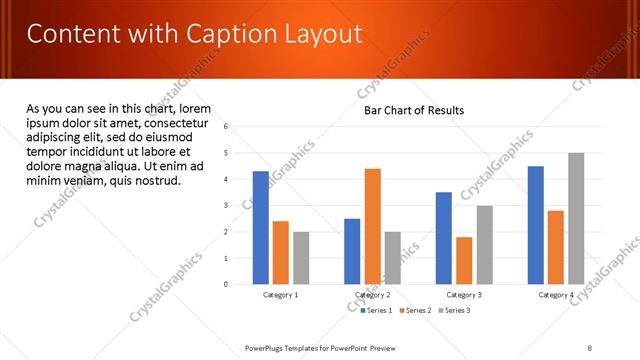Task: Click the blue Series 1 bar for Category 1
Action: pos(261,228)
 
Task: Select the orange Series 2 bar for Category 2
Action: pos(372,226)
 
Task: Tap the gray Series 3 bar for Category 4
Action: pos(575,218)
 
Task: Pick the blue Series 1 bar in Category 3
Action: pos(444,238)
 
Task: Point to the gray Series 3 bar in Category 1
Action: pos(301,258)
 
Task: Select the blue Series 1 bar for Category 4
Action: pos(535,225)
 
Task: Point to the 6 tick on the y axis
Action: pos(227,127)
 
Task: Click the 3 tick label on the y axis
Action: pos(227,206)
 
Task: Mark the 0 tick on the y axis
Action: pos(227,285)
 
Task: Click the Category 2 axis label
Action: pos(372,295)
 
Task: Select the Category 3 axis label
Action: pos(464,295)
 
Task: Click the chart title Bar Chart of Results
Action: pos(413,110)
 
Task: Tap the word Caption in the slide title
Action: pos(221,36)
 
